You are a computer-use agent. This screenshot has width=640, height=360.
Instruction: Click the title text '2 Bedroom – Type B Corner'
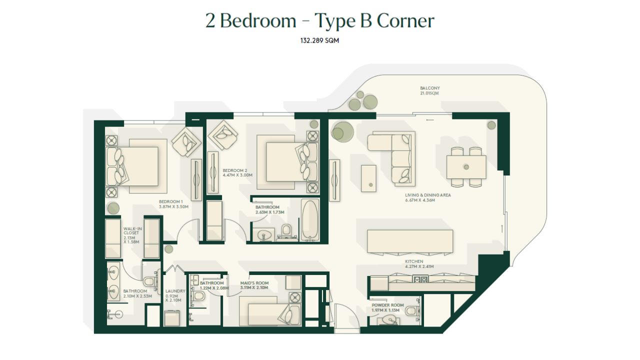coord(319,21)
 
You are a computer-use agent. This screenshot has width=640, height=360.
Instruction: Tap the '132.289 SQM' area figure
coord(319,40)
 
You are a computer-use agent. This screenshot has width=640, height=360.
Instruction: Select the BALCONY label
coord(429,88)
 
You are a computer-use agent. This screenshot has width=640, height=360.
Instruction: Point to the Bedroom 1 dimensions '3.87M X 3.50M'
coord(173,206)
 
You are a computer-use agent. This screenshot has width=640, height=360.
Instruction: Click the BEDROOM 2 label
coord(235,170)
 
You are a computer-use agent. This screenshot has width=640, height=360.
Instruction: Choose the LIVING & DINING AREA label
coord(427,195)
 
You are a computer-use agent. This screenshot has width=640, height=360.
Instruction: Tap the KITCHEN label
coord(414,261)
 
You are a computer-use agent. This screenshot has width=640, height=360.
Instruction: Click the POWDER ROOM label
coord(387,305)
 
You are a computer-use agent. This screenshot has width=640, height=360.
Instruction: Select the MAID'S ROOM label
coord(254,283)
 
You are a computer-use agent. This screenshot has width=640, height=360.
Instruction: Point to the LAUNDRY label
coord(175,291)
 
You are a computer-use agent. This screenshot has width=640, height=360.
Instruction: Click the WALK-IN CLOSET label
coord(132,231)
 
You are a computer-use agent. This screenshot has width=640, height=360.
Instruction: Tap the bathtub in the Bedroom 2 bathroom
coord(310,220)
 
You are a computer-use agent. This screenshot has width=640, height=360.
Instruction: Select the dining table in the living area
coord(466,167)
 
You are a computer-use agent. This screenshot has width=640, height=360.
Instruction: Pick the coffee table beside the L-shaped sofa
coord(368,178)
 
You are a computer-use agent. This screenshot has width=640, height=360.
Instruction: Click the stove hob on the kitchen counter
coord(420,279)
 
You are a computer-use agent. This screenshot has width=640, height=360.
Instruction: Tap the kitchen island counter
coord(410,241)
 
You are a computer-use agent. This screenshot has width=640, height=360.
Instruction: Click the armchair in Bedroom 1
coord(186,141)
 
